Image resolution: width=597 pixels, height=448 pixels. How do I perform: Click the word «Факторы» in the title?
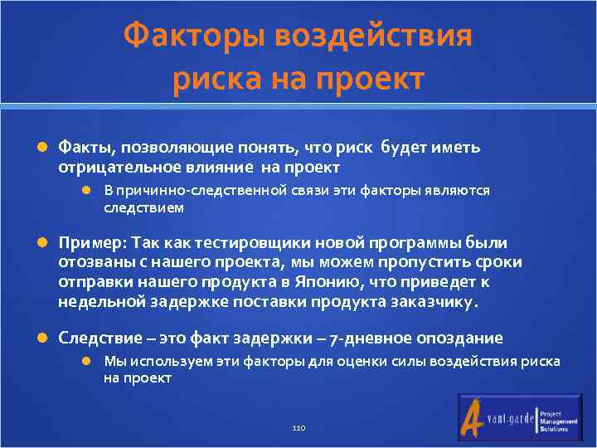pyautogui.click(x=195, y=37)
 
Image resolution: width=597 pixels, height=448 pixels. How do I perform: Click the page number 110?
pyautogui.click(x=298, y=427)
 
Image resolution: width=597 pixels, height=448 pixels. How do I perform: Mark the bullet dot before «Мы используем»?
pyautogui.click(x=87, y=361)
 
